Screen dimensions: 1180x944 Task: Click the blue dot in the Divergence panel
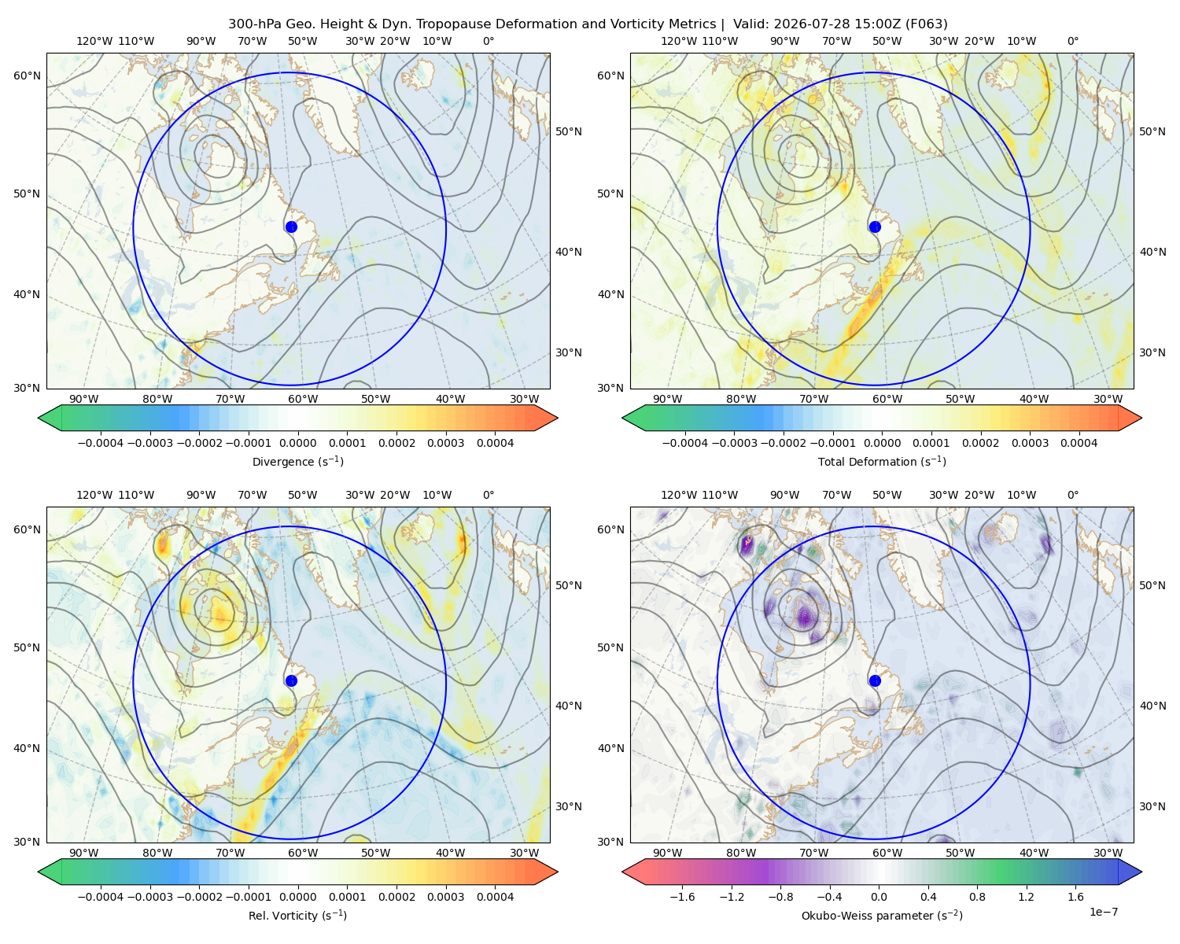pos(291,227)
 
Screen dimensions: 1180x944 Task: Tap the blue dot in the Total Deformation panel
pos(875,227)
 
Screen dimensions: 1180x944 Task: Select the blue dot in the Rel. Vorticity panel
pos(291,680)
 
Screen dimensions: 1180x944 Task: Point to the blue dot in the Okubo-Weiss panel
pos(875,680)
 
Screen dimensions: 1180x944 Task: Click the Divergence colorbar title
pos(297,462)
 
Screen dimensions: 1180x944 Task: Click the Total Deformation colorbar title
pos(882,462)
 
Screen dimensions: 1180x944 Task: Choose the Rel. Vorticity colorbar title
pos(297,916)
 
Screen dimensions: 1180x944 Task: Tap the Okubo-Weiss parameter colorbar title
pos(882,916)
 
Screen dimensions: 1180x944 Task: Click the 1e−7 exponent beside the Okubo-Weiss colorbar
pos(1103,913)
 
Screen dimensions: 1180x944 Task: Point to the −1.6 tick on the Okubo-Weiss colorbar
pos(682,897)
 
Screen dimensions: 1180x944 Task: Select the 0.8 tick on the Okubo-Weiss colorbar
pos(977,897)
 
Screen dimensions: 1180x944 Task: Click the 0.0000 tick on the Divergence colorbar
pos(297,443)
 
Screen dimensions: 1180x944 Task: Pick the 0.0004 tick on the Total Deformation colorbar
pos(1079,443)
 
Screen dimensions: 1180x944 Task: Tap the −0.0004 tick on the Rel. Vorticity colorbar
pos(101,897)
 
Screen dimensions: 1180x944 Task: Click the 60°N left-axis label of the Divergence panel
pos(27,76)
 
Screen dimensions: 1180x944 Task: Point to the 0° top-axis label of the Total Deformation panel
pos(1072,41)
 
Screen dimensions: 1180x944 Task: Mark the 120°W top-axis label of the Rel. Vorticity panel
pos(94,495)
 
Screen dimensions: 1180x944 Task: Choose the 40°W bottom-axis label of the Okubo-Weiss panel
pos(1034,853)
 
